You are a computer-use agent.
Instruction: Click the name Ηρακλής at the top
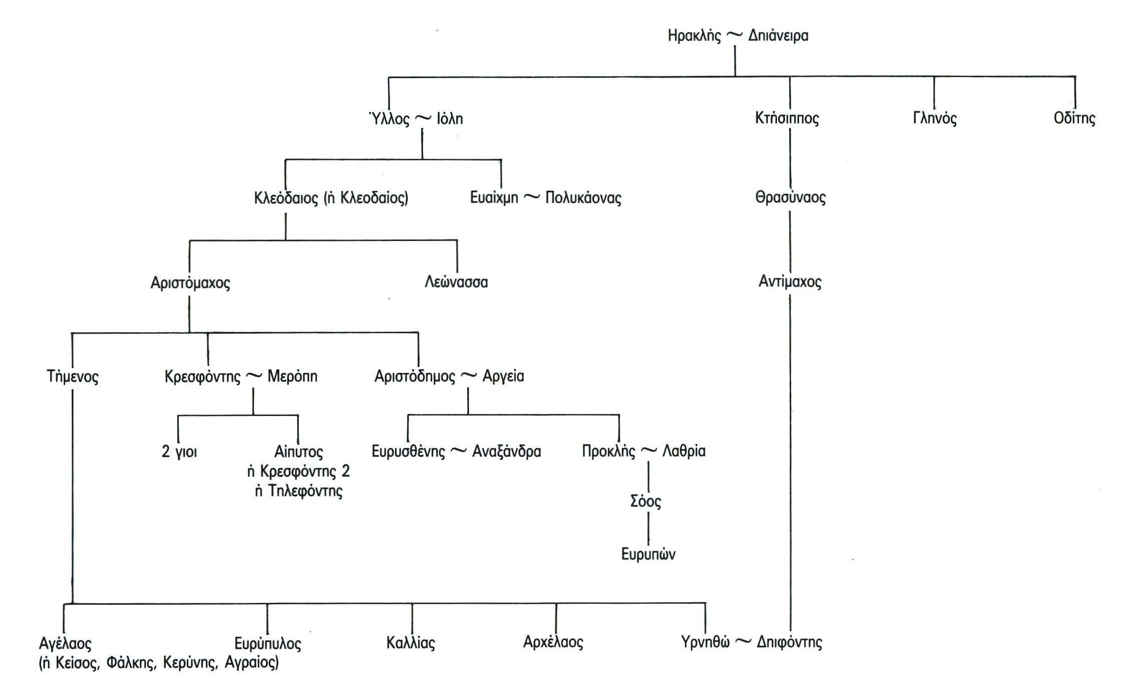[x=694, y=36]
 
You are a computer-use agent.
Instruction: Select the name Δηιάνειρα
[x=778, y=36]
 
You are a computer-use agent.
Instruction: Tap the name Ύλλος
[x=389, y=119]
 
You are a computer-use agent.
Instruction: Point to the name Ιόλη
[x=450, y=119]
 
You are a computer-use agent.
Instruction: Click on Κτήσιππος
[x=787, y=119]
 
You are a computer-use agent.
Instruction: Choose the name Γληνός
[x=934, y=119]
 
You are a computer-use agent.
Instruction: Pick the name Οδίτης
[x=1074, y=119]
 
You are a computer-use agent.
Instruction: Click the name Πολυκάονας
[x=583, y=198]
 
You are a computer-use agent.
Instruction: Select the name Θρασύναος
[x=790, y=197]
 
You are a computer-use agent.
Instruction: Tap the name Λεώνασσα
[x=456, y=282]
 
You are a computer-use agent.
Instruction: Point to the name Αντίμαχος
[x=790, y=282]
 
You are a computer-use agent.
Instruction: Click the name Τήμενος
[x=73, y=376]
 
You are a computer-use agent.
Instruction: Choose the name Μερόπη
[x=292, y=376]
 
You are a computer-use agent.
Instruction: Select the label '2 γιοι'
[x=179, y=452]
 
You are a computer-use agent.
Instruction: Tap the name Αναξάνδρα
[x=506, y=451]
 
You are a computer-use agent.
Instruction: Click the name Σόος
[x=645, y=501]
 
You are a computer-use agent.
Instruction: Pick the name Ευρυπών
[x=648, y=554]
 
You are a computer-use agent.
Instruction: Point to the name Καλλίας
[x=411, y=642]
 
